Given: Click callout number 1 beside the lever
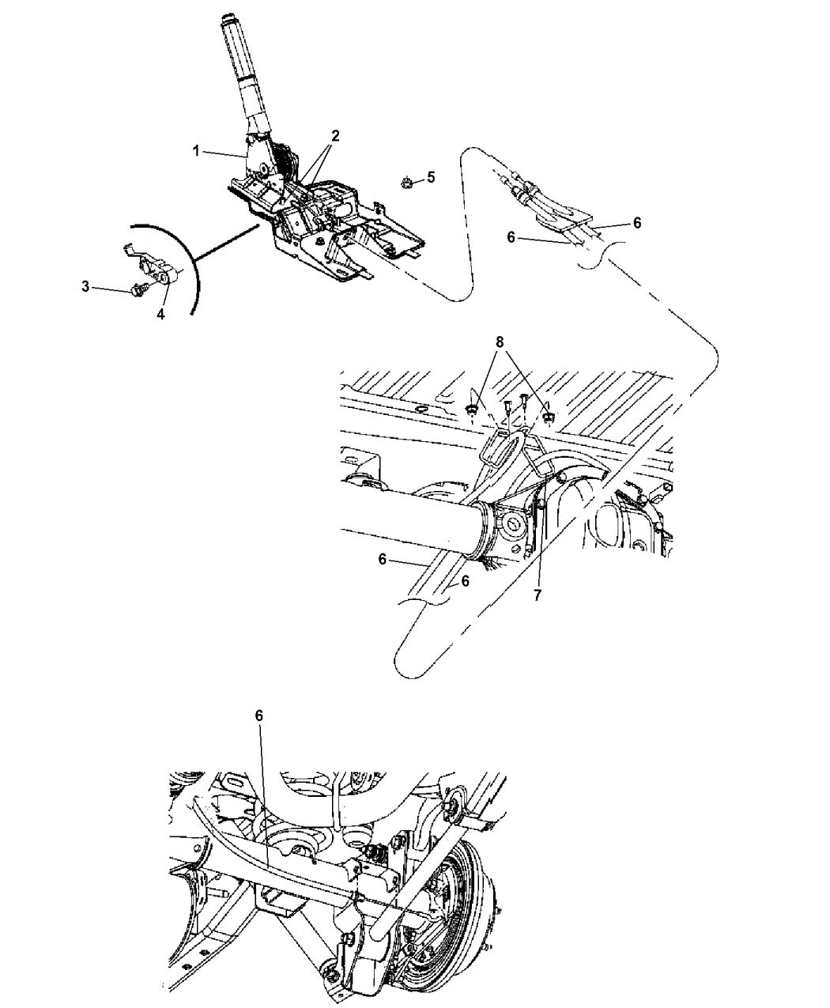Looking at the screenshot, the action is click(x=196, y=151).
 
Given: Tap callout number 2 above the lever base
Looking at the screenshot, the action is click(x=335, y=136).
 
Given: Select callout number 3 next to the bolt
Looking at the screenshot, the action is click(x=85, y=287).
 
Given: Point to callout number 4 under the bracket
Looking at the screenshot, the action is click(x=160, y=315).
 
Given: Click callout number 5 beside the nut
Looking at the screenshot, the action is click(x=431, y=177).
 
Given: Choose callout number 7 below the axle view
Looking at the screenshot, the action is click(x=538, y=595).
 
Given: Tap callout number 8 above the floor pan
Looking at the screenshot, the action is click(x=500, y=342).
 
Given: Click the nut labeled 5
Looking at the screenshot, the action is click(x=406, y=183).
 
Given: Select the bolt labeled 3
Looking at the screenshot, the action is click(x=138, y=291).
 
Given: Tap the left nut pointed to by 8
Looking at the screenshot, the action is click(x=471, y=411).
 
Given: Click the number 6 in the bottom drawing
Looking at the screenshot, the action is click(x=259, y=716).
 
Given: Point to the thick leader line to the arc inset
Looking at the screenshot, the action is click(x=227, y=244).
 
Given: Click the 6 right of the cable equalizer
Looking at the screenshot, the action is click(x=637, y=223).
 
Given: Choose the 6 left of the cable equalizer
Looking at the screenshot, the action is click(x=511, y=237).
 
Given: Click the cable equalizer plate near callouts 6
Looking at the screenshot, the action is click(x=565, y=219).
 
